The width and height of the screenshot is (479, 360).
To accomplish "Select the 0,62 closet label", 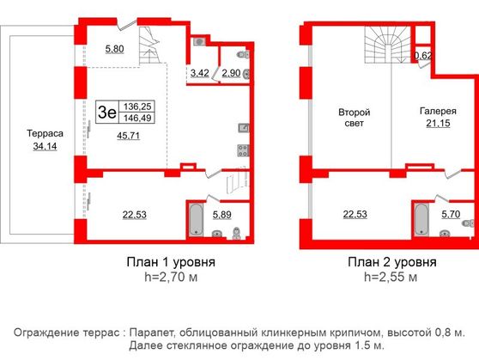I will coord(423,56).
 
